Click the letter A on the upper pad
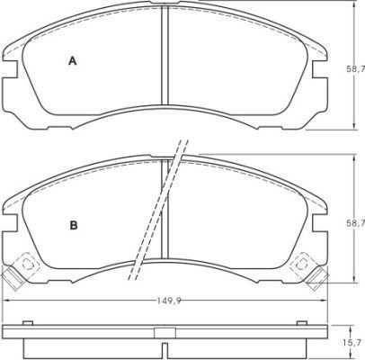73,61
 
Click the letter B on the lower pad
74,225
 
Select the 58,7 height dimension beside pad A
355,69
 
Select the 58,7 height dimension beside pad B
355,223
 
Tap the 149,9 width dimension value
169,301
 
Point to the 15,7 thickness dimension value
355,342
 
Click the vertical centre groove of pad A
165,56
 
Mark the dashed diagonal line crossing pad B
158,210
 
